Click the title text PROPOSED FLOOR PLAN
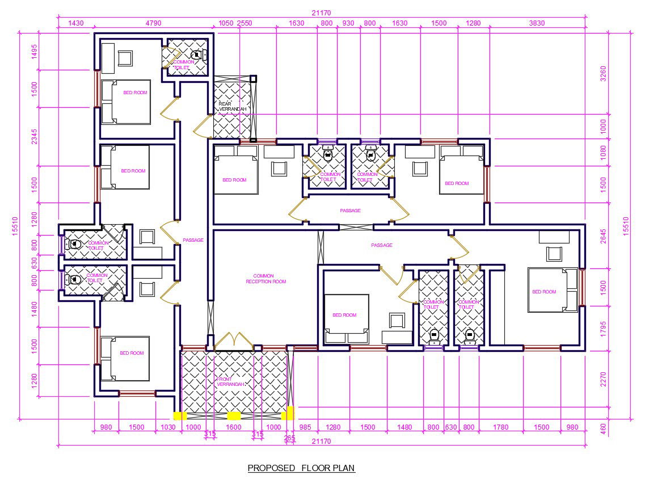[x=301, y=468]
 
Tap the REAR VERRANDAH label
[x=233, y=106]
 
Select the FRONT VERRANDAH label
[x=231, y=381]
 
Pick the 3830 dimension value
[x=537, y=23]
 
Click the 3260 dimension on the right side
[x=603, y=74]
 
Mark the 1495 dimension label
[x=34, y=52]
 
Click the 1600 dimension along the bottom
[x=234, y=427]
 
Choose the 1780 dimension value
[x=500, y=427]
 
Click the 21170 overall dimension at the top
[x=321, y=13]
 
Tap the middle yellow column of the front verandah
[x=234, y=416]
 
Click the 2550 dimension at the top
[x=244, y=23]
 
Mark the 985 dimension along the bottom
[x=305, y=427]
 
